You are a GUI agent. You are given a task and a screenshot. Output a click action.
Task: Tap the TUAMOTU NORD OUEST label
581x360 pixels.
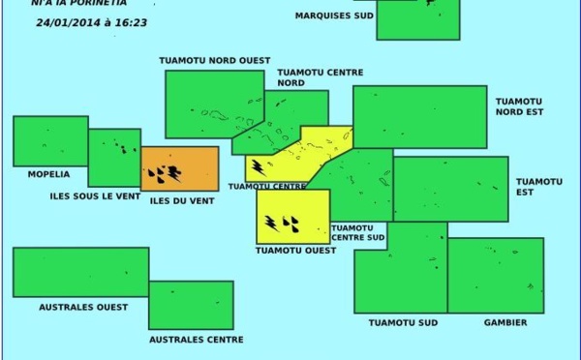[x=215, y=60]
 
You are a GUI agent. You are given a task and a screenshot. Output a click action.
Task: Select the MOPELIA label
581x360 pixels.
[x=42, y=174]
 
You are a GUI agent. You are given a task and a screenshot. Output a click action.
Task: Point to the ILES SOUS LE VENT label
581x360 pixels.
[x=92, y=195]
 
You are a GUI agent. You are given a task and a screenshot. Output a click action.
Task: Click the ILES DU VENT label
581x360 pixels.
[x=182, y=200]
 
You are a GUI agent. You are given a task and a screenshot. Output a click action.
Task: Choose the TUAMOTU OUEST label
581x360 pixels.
[x=295, y=250]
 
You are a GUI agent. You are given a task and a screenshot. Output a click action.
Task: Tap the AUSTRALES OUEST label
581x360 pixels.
[x=83, y=307]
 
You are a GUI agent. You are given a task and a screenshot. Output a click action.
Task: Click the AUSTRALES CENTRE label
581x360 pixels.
[x=196, y=340]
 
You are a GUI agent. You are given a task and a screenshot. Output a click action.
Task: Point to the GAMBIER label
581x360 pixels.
[x=505, y=322]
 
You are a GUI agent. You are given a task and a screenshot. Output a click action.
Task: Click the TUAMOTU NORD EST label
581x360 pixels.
[x=520, y=106]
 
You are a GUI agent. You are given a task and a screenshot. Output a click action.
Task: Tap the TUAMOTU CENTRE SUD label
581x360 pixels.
[x=358, y=232]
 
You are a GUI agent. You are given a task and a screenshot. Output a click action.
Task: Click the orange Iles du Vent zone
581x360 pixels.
[x=180, y=168]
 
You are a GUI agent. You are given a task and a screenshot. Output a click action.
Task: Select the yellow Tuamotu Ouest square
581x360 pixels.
[x=292, y=216]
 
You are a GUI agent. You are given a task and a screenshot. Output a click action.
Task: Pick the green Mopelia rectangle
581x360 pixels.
[x=50, y=141]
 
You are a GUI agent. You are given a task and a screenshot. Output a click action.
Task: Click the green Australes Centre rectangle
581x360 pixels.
[x=191, y=305]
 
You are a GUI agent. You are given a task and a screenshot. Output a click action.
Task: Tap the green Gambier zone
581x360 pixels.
[x=495, y=275]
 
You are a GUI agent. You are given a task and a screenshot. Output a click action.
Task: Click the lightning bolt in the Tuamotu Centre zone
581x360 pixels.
[x=259, y=167]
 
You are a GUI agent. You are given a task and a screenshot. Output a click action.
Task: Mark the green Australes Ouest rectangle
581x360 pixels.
[x=80, y=272]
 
